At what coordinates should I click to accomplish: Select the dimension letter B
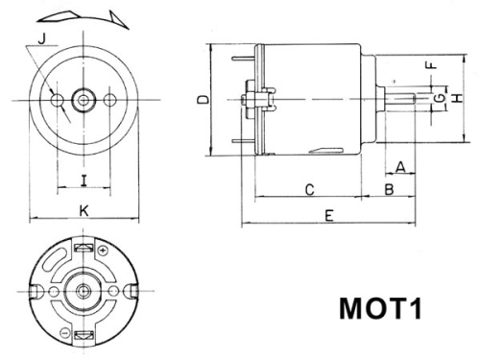pos(390,189)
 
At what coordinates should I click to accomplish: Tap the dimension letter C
pos(310,189)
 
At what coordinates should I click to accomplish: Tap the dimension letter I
pos(84,178)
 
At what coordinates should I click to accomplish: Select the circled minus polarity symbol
pos(63,332)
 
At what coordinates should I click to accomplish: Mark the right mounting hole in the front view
pos(111,99)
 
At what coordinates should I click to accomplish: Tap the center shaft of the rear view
pos(84,291)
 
